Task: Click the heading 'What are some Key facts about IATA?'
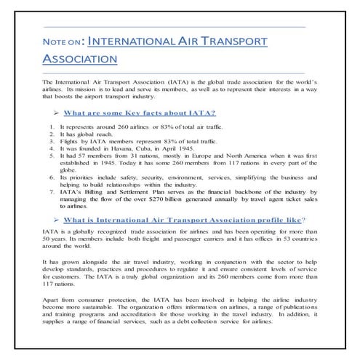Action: [163, 113]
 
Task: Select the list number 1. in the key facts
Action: [53, 127]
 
